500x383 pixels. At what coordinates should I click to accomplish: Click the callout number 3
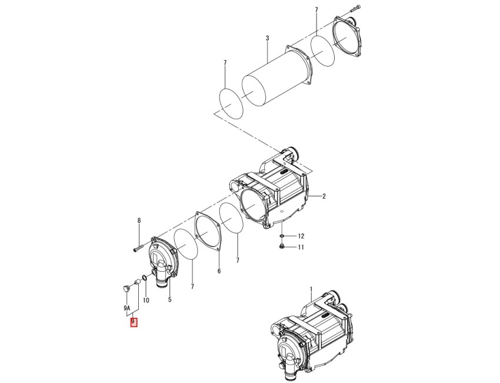(267, 38)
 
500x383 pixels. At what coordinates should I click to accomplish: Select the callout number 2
(324, 196)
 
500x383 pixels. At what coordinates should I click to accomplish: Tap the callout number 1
(312, 289)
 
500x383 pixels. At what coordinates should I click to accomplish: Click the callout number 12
(301, 236)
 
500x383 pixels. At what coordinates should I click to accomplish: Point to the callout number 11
(301, 247)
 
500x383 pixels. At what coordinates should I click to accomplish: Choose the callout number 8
(139, 220)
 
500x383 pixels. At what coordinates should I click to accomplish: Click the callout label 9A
(127, 308)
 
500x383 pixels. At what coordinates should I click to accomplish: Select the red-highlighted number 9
(134, 321)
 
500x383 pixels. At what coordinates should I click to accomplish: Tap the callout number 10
(146, 301)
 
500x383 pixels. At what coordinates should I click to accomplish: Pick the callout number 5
(169, 300)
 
